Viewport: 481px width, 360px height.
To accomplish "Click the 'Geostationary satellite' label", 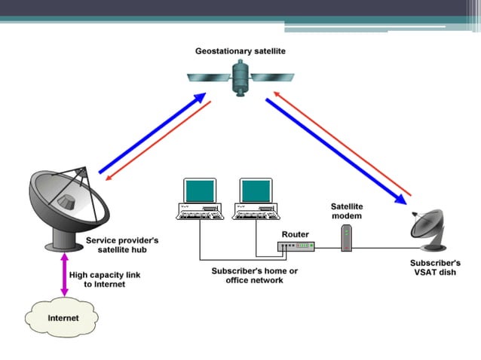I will [240, 50].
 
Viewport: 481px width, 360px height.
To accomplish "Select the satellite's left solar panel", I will [209, 76].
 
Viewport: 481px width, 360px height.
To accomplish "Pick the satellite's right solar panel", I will [272, 77].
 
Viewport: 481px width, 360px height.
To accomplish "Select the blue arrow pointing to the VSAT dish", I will [336, 150].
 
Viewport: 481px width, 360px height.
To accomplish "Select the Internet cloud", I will [63, 318].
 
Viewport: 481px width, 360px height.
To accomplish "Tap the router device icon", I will [296, 246].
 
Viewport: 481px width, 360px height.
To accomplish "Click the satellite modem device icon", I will [346, 240].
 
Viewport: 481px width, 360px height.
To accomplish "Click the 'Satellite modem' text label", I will [346, 211].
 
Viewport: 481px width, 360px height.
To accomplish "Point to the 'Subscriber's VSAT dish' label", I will [434, 267].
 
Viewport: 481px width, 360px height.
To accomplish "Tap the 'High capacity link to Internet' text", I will [99, 279].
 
